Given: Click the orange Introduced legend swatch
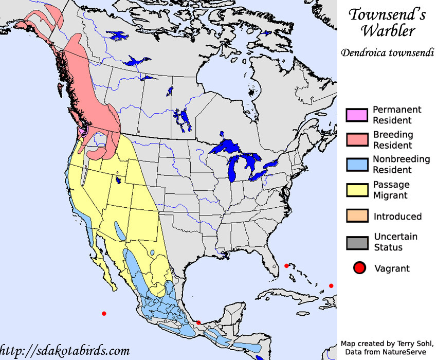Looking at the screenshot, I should [357, 216].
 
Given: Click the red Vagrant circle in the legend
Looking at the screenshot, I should [359, 268].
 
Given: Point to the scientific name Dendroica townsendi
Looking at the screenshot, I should [387, 52].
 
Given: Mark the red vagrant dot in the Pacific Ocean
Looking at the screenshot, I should [104, 313].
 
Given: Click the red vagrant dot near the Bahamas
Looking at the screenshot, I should [286, 266].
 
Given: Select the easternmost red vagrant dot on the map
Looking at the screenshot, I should [331, 285].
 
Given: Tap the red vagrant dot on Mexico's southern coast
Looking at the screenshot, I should [198, 322].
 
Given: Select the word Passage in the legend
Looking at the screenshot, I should [391, 185].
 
